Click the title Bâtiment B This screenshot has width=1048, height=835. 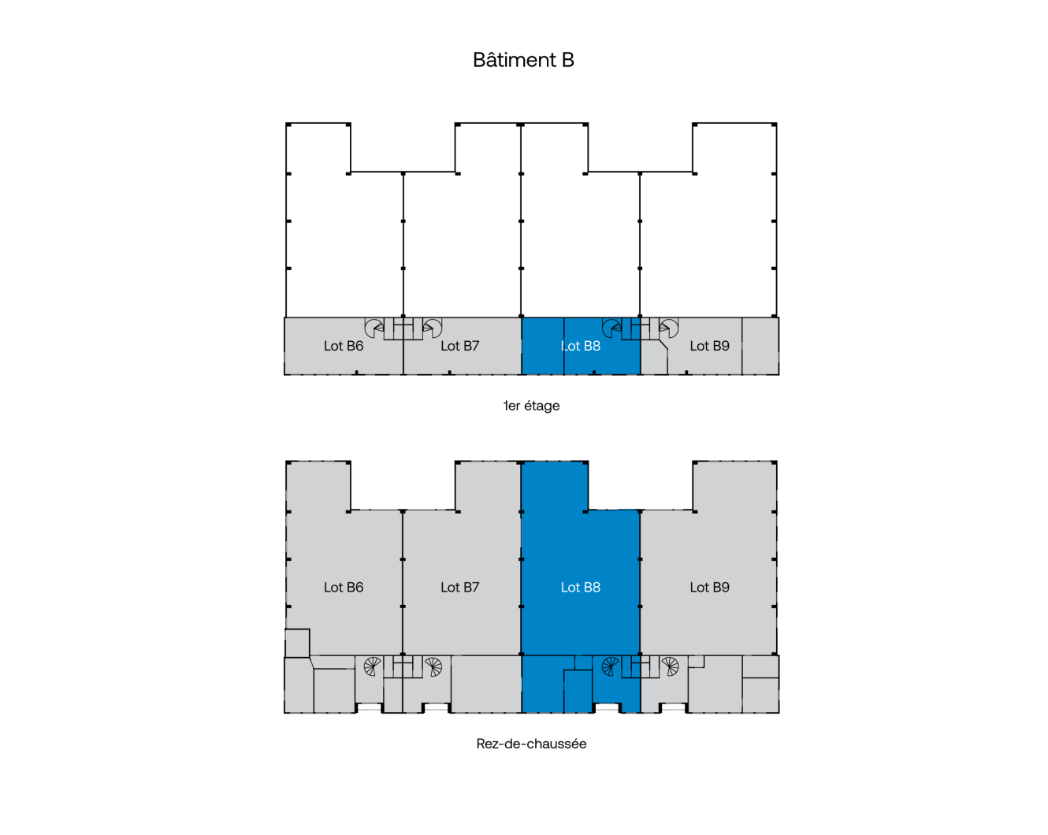[x=523, y=60]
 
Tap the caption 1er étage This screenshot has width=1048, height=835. [x=531, y=406]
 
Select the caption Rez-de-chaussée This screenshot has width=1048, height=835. [x=531, y=744]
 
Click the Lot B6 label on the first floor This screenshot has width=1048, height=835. [x=344, y=346]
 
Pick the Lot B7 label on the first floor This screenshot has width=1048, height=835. [x=460, y=346]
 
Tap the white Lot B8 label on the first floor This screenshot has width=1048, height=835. [x=581, y=346]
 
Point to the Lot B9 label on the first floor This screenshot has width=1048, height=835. [x=709, y=346]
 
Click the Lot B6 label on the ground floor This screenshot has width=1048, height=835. [x=344, y=587]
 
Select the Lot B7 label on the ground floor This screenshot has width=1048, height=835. [x=460, y=587]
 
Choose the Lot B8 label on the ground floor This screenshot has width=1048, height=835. [x=581, y=587]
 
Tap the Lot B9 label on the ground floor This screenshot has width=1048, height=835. [x=709, y=587]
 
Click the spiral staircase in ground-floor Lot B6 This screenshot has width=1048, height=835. [x=373, y=666]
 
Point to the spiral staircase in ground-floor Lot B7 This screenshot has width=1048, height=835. [x=433, y=666]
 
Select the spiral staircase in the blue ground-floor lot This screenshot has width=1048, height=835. [x=611, y=666]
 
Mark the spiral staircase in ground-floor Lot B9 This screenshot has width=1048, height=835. [x=670, y=666]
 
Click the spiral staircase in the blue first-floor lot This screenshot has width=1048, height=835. [x=611, y=328]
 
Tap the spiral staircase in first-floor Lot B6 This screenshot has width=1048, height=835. [x=374, y=328]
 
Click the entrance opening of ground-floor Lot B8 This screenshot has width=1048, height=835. [x=608, y=708]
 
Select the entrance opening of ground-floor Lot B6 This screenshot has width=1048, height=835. [x=370, y=708]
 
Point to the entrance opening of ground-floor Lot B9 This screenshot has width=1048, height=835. [x=672, y=708]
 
